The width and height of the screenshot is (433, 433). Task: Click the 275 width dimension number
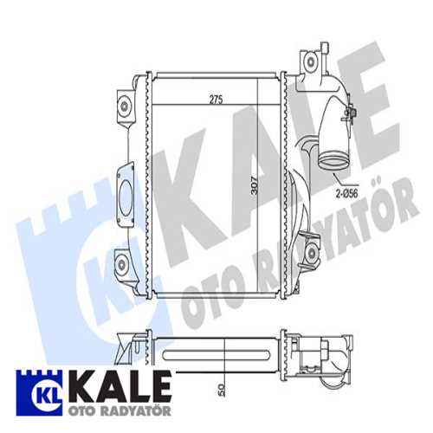click(x=216, y=100)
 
